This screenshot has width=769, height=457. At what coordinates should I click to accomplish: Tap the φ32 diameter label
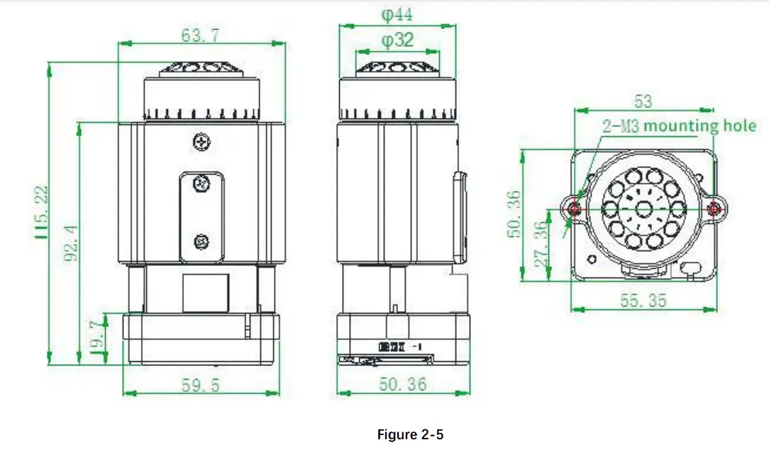(397, 40)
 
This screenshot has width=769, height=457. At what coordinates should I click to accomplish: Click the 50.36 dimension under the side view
(402, 385)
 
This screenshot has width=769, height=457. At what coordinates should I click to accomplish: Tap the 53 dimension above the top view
(643, 101)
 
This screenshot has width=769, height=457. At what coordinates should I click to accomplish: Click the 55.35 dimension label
(643, 301)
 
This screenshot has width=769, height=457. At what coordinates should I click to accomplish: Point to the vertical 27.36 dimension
(542, 244)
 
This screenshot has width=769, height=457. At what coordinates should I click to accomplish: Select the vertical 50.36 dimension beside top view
(516, 214)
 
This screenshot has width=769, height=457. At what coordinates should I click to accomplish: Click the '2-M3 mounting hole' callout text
(680, 126)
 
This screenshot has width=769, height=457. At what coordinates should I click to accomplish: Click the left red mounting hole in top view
(574, 209)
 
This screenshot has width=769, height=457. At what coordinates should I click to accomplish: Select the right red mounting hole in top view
(715, 209)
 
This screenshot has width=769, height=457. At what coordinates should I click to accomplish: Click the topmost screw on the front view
(202, 142)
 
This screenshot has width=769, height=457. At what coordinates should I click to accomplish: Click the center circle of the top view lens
(644, 209)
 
